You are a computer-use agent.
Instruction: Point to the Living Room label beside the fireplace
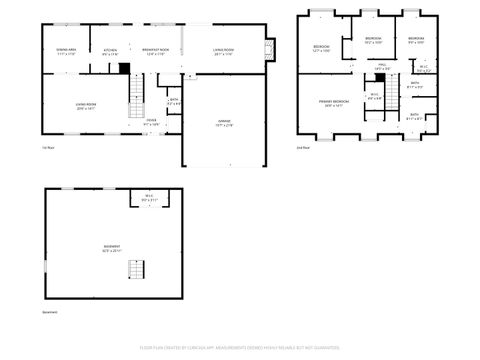pos(223,51)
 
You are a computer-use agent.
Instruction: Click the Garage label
pos(224,124)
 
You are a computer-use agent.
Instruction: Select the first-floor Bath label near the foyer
pos(173,101)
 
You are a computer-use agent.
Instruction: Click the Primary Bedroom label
pos(334,104)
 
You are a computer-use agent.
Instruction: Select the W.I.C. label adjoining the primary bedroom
pos(374,98)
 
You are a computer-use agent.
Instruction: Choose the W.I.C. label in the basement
pos(148,198)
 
